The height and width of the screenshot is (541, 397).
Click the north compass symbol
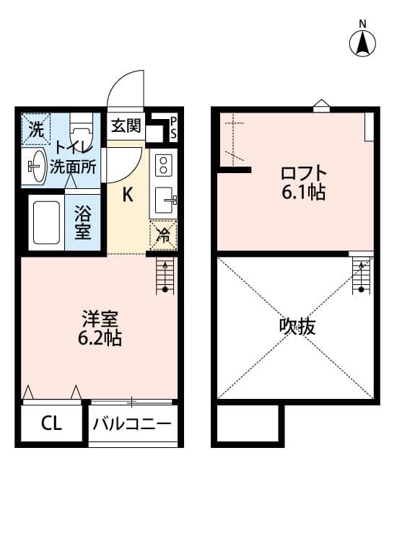pyautogui.click(x=362, y=43)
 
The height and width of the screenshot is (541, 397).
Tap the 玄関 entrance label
pyautogui.click(x=126, y=126)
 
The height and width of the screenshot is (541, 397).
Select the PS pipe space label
pyautogui.click(x=173, y=127)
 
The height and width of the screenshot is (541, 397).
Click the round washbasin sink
pyautogui.click(x=35, y=167)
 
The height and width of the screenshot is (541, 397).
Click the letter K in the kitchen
pyautogui.click(x=126, y=195)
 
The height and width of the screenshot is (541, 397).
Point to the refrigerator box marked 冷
pyautogui.click(x=164, y=234)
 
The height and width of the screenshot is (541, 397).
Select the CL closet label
pyautogui.click(x=51, y=424)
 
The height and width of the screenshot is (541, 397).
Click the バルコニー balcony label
pyautogui.click(x=133, y=424)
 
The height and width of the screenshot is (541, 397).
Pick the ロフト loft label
pyautogui.click(x=304, y=173)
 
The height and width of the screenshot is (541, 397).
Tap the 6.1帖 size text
pyautogui.click(x=304, y=193)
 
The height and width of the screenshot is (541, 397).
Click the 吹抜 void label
pyautogui.click(x=297, y=327)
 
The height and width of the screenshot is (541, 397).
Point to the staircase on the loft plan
pyautogui.click(x=359, y=276)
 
